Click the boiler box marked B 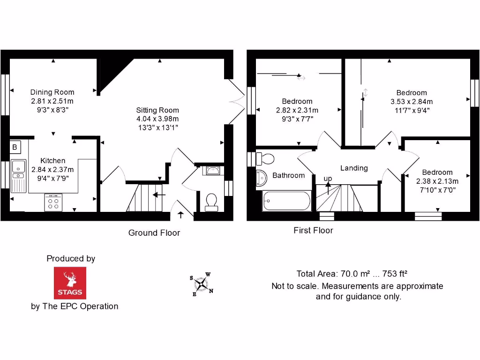(15, 147)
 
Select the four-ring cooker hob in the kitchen (53, 202)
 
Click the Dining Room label (52, 92)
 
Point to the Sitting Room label (154, 110)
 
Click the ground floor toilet (211, 202)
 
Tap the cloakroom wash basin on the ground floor (212, 170)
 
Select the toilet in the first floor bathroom (266, 158)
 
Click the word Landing (354, 168)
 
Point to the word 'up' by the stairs (328, 179)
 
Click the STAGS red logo (70, 283)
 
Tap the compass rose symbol (202, 284)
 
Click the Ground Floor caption (154, 232)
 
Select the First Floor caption (313, 230)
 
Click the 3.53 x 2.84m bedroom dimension (412, 102)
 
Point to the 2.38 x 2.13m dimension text (437, 181)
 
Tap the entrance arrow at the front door (181, 215)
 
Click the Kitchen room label (52, 161)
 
